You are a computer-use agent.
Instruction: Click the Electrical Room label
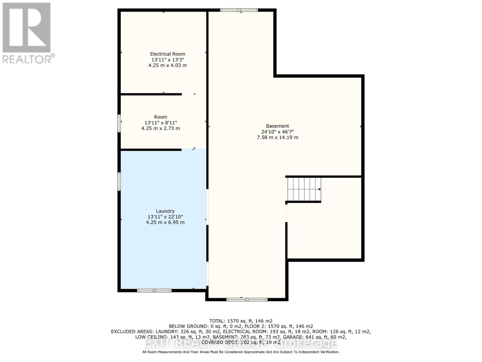(x=167, y=54)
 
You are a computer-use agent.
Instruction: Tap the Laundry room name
(x=165, y=211)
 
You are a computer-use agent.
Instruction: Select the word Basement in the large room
(x=277, y=126)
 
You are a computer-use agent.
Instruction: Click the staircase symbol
(x=304, y=189)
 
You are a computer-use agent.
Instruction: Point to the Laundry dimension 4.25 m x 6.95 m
(x=165, y=222)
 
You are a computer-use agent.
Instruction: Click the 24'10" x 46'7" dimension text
(x=277, y=132)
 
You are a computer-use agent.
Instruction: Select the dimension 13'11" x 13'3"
(x=167, y=60)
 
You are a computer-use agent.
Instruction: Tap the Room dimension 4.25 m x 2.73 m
(x=161, y=128)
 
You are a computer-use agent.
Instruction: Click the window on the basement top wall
(x=239, y=10)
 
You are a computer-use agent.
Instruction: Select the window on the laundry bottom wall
(x=154, y=291)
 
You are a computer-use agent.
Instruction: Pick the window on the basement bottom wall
(x=247, y=300)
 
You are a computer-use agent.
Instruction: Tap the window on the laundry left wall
(x=119, y=181)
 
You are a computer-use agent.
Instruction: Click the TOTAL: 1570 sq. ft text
(x=241, y=321)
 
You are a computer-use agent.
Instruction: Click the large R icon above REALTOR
(x=27, y=28)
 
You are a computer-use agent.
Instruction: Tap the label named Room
(x=161, y=117)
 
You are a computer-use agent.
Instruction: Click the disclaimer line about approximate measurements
(x=241, y=352)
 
